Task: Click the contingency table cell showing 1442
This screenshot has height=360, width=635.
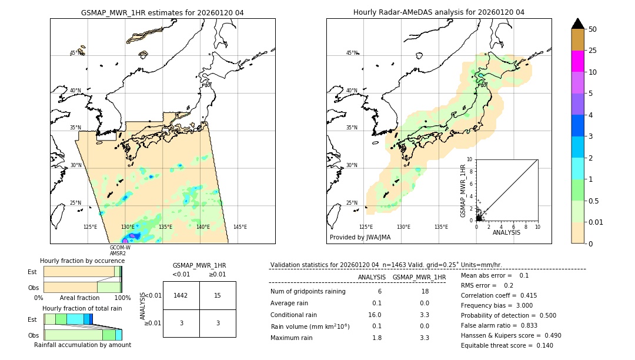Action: point(181,295)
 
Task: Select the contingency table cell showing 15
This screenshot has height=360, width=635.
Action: point(218,295)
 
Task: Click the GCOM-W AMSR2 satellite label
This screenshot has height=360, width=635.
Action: point(120,251)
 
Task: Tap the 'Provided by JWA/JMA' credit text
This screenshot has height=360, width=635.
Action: point(360,238)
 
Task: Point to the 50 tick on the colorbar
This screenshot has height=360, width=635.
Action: point(593,29)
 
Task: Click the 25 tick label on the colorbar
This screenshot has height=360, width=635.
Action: point(593,51)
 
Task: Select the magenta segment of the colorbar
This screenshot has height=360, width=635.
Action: point(577,61)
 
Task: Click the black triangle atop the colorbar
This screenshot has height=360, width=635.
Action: point(577,24)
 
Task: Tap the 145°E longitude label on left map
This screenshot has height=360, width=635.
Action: point(240,227)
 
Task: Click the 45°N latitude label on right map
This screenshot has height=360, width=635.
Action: point(352,53)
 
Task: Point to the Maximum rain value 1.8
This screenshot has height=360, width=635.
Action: point(377,338)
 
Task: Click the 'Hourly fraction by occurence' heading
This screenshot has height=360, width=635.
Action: point(82,261)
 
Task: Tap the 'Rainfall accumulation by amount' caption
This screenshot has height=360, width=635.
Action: point(82,345)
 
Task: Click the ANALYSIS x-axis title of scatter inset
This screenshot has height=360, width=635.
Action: point(506,232)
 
